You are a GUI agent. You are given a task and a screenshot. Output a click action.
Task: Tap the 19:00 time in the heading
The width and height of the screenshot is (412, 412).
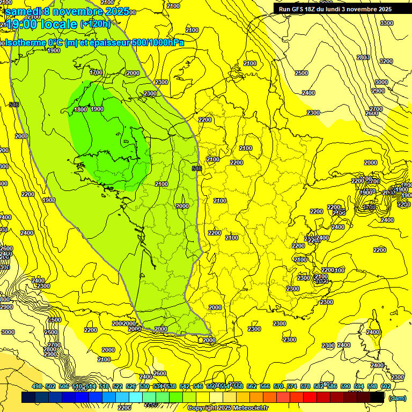point(22,24)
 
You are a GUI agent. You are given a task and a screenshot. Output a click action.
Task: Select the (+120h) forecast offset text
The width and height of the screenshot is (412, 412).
point(95,24)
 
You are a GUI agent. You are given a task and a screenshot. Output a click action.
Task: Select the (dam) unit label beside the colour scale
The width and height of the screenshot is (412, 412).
point(396,398)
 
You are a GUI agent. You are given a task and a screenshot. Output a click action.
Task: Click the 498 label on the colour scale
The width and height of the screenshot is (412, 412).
point(37,386)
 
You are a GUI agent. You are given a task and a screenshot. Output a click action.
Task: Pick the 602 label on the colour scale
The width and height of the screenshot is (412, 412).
point(386,386)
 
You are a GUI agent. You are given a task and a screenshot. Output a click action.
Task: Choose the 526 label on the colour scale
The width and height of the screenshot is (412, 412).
point(131,386)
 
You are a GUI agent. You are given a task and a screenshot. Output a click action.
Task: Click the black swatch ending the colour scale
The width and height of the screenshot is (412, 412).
point(377,397)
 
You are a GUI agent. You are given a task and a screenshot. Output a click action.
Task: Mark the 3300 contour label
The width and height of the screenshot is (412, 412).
point(386,23)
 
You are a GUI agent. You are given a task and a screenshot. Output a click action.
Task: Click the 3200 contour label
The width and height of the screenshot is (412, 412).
point(386,61)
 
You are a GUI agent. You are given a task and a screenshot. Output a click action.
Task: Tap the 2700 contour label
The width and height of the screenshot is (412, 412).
point(376,109)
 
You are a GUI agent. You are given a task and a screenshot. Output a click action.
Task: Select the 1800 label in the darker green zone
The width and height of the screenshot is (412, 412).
point(80,109)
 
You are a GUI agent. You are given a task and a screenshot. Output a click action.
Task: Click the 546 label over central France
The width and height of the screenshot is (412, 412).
point(197,168)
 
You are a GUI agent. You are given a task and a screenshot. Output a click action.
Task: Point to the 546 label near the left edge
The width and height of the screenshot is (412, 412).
point(14,104)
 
